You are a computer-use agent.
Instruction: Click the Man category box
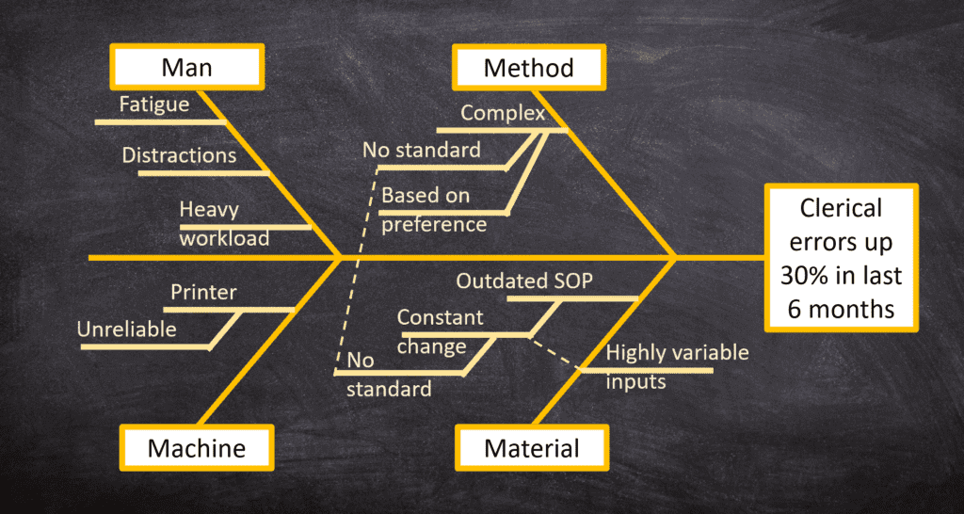click(x=186, y=67)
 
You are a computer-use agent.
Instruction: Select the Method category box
click(x=528, y=67)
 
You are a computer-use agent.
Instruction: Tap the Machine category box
click(x=196, y=447)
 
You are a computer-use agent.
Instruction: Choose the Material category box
click(x=532, y=447)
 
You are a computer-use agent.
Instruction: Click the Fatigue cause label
click(x=153, y=104)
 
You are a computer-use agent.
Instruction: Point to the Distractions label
click(x=179, y=154)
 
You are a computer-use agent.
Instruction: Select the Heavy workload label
click(x=223, y=223)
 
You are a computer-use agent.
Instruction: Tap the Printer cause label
click(x=203, y=292)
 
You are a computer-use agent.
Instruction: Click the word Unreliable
click(x=126, y=329)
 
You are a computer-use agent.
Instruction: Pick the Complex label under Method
click(x=503, y=114)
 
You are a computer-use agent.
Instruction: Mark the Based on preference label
click(x=433, y=210)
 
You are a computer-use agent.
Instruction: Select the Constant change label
click(x=440, y=331)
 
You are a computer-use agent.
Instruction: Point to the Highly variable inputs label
click(x=677, y=366)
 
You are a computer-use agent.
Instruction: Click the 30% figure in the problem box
click(x=800, y=276)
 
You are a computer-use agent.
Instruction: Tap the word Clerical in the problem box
click(x=842, y=207)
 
